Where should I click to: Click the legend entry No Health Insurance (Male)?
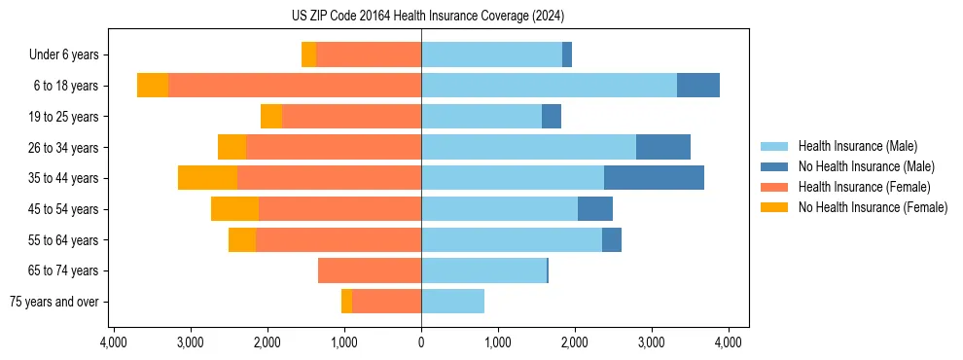point(866,166)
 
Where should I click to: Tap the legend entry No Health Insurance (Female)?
point(873,207)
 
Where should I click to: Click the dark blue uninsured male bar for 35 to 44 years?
point(654,178)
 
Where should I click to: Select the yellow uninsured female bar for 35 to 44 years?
point(207,178)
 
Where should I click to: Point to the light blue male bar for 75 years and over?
point(452,302)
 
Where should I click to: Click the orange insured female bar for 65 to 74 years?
point(370,270)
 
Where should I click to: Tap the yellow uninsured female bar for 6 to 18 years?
point(153,86)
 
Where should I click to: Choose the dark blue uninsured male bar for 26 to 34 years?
point(663,147)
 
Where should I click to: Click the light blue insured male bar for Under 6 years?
point(491,54)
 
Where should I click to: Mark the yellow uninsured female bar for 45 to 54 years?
point(234,209)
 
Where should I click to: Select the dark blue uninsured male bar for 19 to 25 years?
point(552,117)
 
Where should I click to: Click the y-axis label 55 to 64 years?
point(64,240)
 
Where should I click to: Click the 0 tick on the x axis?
point(421,342)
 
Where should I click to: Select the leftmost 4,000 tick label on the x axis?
point(113,342)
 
